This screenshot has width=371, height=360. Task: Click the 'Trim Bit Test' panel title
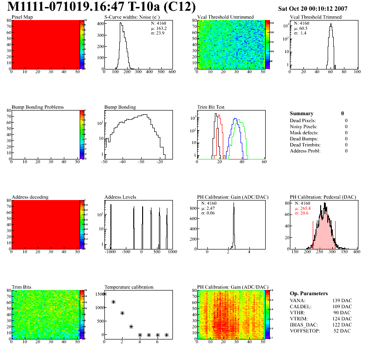tap(211, 107)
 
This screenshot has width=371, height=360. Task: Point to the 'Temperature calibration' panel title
tap(129, 287)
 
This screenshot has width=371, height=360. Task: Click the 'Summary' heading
tap(302, 113)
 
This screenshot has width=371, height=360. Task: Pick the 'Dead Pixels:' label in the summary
tap(303, 120)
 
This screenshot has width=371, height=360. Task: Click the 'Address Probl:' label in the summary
tap(305, 151)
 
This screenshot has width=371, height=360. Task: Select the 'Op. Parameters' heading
tap(309, 293)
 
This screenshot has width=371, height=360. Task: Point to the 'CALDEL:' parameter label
tap(301, 306)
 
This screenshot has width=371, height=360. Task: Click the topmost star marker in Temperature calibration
tap(104, 294)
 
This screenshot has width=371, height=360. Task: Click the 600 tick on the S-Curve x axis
tap(172, 72)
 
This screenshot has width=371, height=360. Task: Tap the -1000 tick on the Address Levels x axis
tap(110, 252)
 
